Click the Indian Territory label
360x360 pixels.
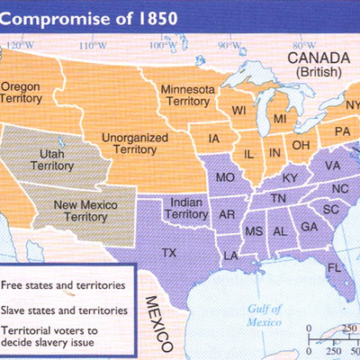184,209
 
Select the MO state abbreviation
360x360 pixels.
224,177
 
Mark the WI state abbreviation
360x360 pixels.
238,111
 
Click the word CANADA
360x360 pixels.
314,57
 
